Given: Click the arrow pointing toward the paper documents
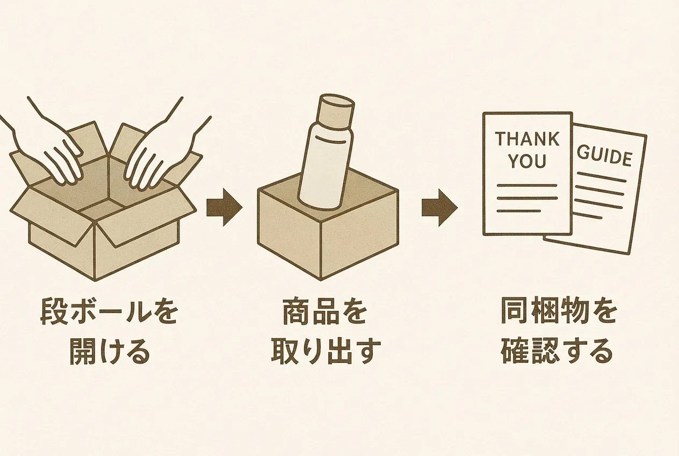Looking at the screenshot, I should point(439,206).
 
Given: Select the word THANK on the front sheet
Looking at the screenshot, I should point(526,139).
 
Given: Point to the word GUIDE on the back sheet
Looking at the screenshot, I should point(604,156).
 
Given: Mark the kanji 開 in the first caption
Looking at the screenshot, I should point(83,352).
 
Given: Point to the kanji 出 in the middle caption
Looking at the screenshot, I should point(338,352).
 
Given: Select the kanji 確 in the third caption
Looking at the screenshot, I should point(516,352).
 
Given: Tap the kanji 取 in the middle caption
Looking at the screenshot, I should point(283,352).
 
